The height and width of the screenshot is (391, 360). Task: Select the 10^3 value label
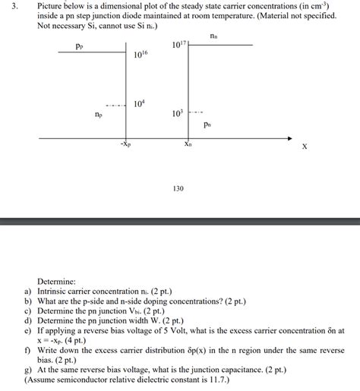[x=176, y=113]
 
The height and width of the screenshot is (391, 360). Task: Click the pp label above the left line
[x=79, y=46]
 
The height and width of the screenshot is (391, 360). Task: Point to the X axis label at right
[x=305, y=147]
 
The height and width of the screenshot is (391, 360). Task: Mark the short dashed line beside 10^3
[x=195, y=113]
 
